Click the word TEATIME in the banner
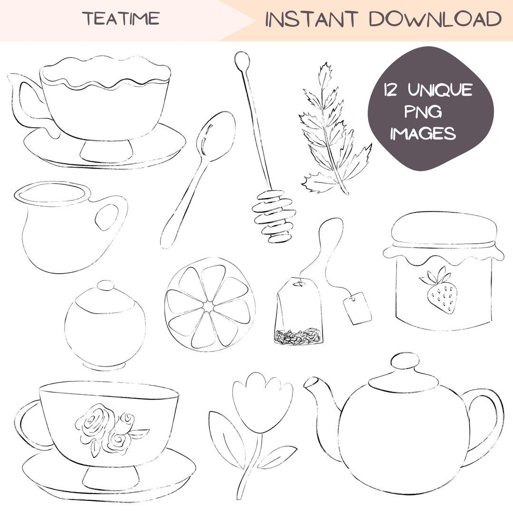point(121,19)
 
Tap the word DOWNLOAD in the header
point(435,19)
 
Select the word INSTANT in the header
point(311,19)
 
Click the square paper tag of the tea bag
point(357,308)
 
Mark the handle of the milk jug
point(111,218)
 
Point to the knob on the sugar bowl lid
point(105,286)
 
